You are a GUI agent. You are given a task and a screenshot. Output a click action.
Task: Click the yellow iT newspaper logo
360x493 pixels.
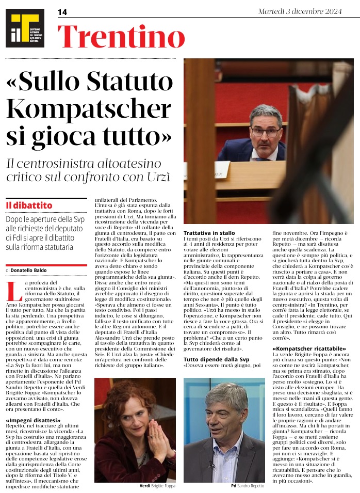pyautogui.click(x=25, y=28)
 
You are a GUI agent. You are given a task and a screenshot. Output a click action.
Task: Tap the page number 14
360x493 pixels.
pyautogui.click(x=62, y=12)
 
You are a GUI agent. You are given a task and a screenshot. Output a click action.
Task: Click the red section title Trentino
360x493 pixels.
pyautogui.click(x=121, y=37)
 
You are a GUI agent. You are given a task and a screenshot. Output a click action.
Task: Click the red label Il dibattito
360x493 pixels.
pyautogui.click(x=29, y=205)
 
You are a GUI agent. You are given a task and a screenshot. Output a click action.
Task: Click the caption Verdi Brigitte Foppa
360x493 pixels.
pyautogui.click(x=157, y=486)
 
